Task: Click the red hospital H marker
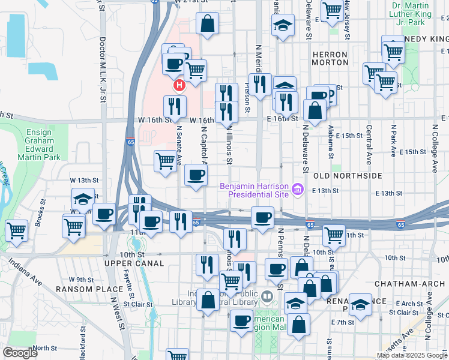click(x=179, y=86)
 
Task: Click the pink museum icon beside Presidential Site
click(x=296, y=190)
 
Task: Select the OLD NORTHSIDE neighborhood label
click(x=348, y=176)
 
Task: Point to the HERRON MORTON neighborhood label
click(x=330, y=58)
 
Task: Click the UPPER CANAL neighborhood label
click(x=134, y=263)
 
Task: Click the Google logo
click(x=20, y=353)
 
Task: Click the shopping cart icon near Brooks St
click(x=17, y=229)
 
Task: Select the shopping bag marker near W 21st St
click(x=207, y=24)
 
